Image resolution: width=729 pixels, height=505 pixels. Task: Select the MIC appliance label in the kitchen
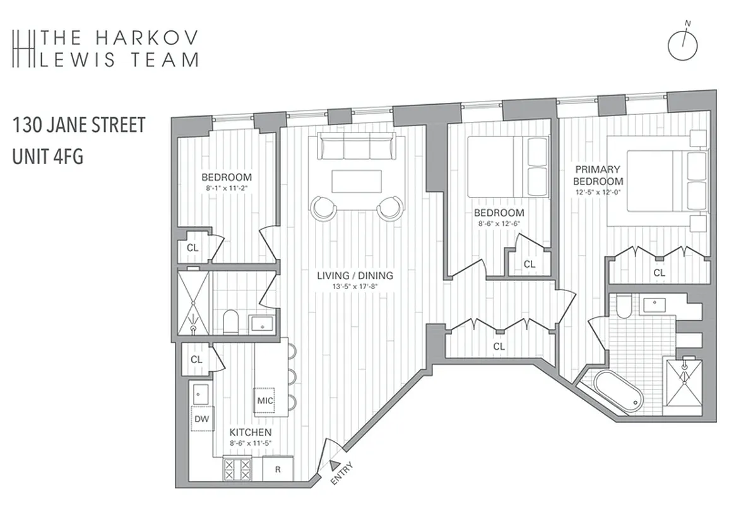tap(264, 400)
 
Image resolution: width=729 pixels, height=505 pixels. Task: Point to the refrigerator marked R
tap(277, 469)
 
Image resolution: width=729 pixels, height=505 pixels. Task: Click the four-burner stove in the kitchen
tap(236, 469)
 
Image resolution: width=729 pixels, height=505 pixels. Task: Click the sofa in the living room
tap(353, 147)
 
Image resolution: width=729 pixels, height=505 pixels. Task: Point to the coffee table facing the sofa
tap(356, 181)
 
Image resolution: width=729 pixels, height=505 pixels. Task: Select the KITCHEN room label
tap(250, 432)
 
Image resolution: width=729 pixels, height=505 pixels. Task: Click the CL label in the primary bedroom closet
tap(658, 273)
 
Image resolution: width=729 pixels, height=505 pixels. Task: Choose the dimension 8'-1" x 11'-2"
tap(227, 188)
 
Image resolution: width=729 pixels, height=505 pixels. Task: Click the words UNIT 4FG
tap(48, 156)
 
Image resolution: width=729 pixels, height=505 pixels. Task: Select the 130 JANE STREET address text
tap(79, 125)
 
